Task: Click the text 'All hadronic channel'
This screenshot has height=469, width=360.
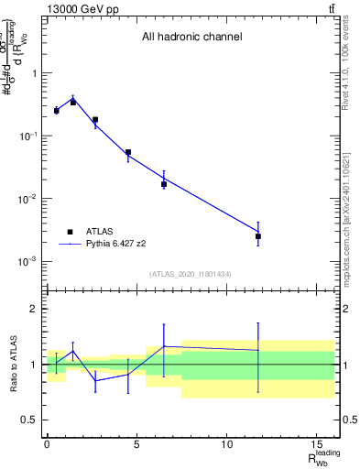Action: [191, 38]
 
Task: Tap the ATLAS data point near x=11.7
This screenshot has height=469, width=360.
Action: [258, 236]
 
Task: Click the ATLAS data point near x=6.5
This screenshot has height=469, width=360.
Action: [164, 184]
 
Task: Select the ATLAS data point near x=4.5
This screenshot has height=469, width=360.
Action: [128, 152]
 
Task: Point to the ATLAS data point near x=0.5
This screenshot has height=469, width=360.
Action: [56, 111]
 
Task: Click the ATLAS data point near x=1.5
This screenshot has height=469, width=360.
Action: [73, 103]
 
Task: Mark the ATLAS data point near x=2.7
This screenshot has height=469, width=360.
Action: [95, 120]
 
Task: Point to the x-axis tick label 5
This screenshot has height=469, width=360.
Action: [136, 444]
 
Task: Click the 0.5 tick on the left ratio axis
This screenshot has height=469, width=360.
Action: [29, 420]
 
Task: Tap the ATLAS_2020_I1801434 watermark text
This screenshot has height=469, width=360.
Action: [191, 274]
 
